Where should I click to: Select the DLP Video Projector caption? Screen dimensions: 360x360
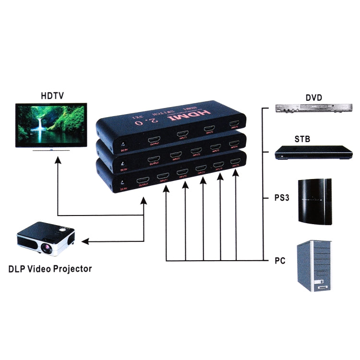tap(50, 268)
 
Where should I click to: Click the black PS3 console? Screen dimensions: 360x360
tap(315, 202)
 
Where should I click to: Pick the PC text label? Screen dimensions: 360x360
tap(280, 261)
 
